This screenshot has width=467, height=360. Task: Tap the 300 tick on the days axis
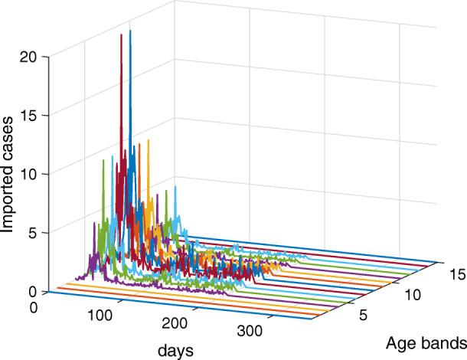pyautogui.click(x=249, y=335)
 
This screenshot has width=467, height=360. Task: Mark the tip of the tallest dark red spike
pyautogui.click(x=121, y=34)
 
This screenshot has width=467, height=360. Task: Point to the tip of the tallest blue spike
pyautogui.click(x=130, y=31)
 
